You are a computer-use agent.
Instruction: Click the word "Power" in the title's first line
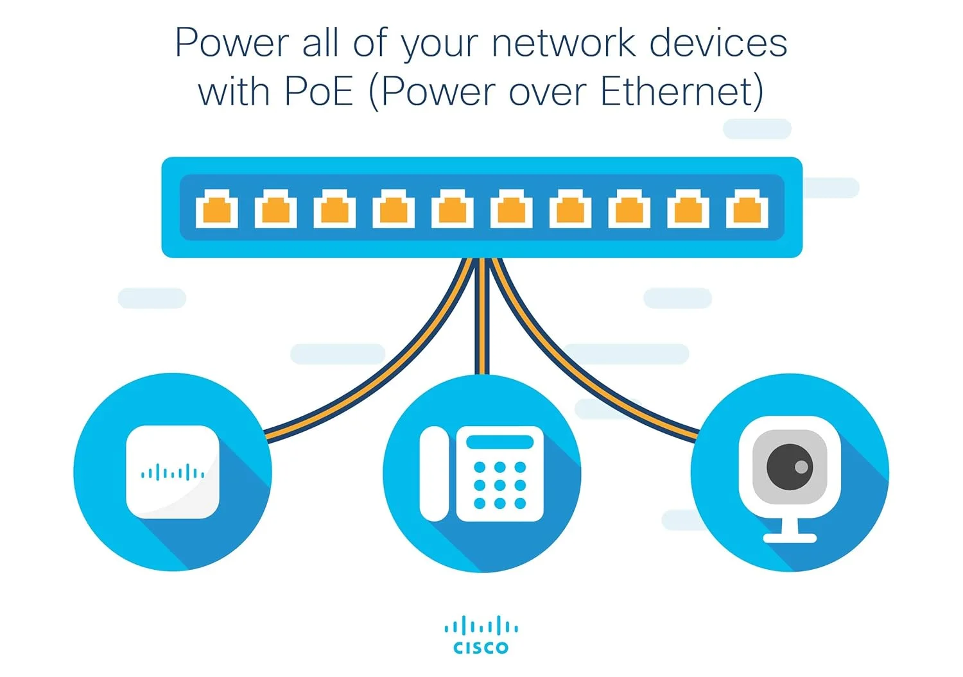[232, 43]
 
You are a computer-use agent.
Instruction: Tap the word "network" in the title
[563, 43]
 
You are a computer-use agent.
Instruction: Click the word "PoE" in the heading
[318, 92]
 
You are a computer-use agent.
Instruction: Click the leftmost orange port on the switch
[216, 209]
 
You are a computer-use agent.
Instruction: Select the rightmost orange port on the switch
[747, 209]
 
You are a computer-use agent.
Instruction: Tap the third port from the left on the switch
[334, 209]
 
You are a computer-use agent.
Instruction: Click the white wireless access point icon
[173, 472]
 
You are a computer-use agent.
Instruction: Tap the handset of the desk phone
[434, 474]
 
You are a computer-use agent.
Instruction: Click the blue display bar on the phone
[499, 442]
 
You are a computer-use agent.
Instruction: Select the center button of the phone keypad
[499, 485]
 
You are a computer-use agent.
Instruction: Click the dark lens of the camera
[789, 467]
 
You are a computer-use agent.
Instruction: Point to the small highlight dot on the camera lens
[801, 467]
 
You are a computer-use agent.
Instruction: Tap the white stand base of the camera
[790, 538]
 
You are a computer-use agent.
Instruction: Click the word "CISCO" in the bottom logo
[481, 648]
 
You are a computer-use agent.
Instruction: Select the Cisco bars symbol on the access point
[173, 474]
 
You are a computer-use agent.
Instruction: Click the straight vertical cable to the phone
[482, 321]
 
